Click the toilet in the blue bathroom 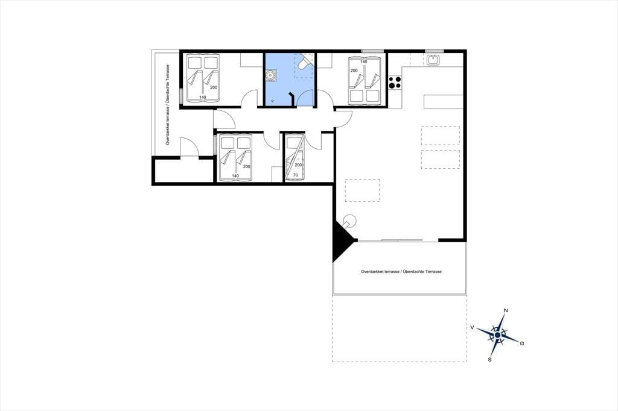point(304,62)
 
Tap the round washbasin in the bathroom point(271,75)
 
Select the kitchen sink point(433,60)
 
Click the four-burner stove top point(395,83)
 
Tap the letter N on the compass point(506,310)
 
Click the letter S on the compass point(490,359)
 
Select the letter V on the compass point(472,327)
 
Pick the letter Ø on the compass point(522,344)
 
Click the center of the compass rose point(497,335)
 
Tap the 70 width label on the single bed point(295,175)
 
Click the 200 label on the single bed point(298,165)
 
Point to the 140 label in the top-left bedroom point(203,97)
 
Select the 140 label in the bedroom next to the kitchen point(363,62)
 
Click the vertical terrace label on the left point(168,105)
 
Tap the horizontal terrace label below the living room point(401,272)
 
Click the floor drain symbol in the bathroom point(272,101)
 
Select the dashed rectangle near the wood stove point(362,190)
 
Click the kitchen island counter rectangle point(444,102)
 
